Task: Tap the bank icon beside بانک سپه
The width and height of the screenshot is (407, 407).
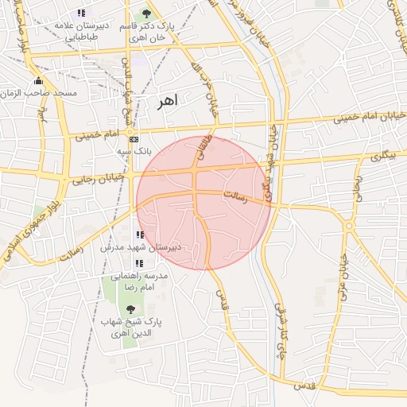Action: point(133,138)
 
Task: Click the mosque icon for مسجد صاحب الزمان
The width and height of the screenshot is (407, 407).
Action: point(37,81)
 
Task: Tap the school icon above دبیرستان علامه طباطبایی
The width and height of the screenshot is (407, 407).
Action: point(80,13)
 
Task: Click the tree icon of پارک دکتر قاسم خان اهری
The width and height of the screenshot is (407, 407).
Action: point(145,14)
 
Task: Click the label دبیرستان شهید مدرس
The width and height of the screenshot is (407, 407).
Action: point(141,247)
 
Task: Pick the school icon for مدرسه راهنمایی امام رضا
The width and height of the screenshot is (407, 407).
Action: point(138,262)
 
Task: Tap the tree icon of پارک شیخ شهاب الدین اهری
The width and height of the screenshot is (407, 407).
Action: point(131,308)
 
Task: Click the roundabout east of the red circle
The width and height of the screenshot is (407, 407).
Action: point(348,227)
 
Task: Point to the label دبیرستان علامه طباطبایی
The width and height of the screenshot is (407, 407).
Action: point(87,31)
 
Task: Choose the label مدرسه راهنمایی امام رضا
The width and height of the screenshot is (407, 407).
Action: point(140,281)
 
